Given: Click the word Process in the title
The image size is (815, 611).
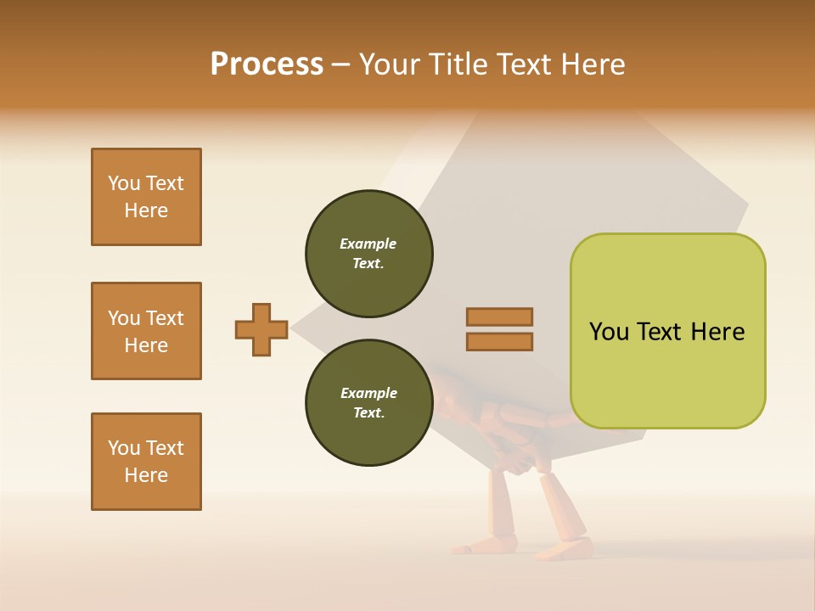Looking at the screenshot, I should (267, 64).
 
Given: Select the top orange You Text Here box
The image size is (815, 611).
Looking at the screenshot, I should (146, 197).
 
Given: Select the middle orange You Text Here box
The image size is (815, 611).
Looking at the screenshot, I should (146, 331).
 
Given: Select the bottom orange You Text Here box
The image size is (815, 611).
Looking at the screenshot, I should (146, 462).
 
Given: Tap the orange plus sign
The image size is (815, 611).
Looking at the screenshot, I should (261, 329).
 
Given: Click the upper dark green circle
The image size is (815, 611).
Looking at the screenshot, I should (368, 254).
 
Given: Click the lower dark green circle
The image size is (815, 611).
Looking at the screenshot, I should (368, 403).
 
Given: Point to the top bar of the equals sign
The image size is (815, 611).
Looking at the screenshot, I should (499, 317).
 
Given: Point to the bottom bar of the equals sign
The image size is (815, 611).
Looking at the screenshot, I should (499, 342).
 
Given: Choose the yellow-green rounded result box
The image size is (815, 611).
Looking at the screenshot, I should (667, 331).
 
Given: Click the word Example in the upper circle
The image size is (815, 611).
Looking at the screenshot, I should (368, 244).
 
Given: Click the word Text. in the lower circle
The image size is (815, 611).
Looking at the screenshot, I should (368, 413).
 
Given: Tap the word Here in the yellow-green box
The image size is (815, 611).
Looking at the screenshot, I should (717, 332).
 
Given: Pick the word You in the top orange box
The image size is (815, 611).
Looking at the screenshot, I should (123, 183).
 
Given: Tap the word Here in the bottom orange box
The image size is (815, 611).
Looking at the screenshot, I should (146, 475).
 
